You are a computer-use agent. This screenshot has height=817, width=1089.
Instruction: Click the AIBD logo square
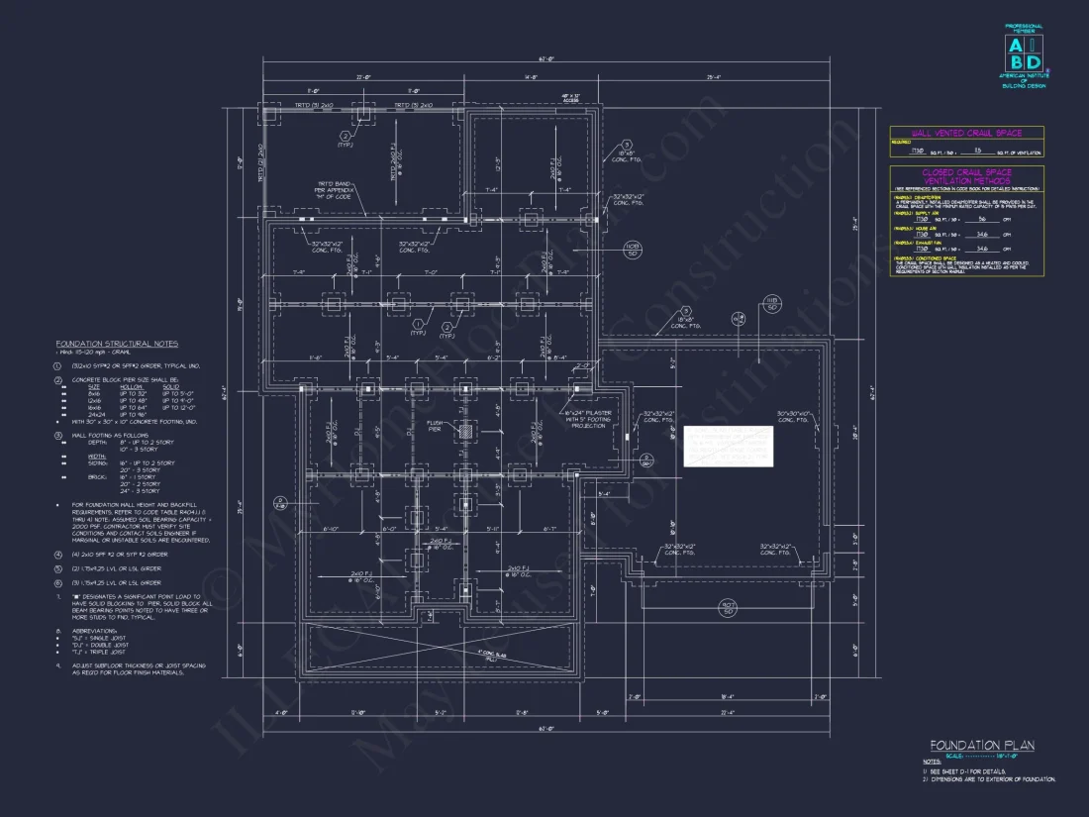pos(1025,53)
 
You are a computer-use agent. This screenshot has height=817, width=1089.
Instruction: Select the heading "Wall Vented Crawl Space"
pos(953,133)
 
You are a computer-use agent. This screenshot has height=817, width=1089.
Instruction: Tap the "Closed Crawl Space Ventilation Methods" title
pos(953,176)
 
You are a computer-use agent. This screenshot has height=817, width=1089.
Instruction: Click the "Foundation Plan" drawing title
pos(981,745)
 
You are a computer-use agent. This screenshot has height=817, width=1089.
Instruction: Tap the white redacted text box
pos(728,447)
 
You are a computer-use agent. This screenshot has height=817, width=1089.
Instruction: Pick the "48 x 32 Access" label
pos(571,98)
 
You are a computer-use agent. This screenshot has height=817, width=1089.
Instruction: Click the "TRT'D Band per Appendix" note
pos(336,188)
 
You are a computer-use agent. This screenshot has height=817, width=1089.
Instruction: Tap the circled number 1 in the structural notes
pos(58,365)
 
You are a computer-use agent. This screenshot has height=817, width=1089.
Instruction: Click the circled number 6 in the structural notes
pos(58,583)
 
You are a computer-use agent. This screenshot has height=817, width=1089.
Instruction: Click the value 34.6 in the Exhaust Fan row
pos(982,249)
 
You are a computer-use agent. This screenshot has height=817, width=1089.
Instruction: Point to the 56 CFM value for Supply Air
pos(982,219)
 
